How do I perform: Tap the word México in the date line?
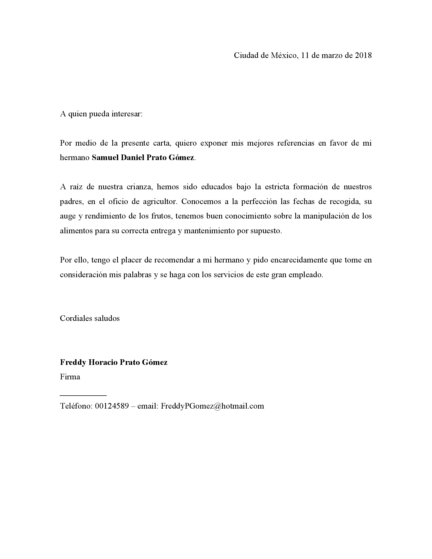[284, 56]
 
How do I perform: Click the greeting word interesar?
[127, 114]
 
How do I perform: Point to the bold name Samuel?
[105, 158]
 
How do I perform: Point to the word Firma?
[70, 377]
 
